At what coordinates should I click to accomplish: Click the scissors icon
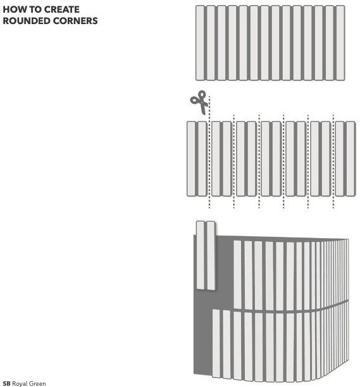(199, 102)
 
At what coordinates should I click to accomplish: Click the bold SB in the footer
(7, 384)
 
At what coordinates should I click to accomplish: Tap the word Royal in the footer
(20, 384)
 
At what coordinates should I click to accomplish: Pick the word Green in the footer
(37, 384)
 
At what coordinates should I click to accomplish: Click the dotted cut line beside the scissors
(209, 152)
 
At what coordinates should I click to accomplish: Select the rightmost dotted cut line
(333, 162)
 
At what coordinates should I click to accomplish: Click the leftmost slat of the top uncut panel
(200, 43)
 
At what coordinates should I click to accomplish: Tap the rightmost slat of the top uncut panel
(340, 43)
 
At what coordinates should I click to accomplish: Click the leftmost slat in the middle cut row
(191, 159)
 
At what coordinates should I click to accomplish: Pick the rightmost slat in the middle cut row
(351, 159)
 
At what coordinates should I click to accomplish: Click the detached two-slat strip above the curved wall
(206, 255)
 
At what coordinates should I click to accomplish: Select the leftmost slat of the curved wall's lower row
(216, 343)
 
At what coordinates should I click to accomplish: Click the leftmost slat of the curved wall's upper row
(237, 275)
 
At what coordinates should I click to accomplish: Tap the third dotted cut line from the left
(259, 162)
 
